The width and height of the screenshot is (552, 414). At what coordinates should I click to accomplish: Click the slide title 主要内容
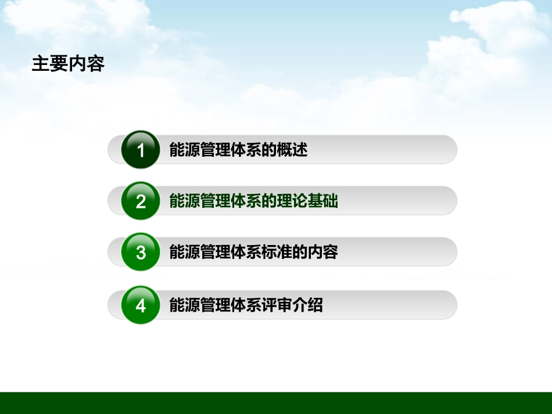coord(68,64)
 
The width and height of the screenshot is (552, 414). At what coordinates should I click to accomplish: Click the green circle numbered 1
coord(141,150)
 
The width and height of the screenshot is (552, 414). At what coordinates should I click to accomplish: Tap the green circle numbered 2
coord(141,201)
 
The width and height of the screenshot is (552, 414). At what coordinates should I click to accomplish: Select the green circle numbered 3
coord(141,253)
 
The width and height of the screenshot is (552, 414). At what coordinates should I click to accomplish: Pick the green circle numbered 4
coord(141,305)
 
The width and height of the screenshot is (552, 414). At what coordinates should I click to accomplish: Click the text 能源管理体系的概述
coord(238,150)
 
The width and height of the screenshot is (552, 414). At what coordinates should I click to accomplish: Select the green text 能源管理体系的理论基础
coord(253,201)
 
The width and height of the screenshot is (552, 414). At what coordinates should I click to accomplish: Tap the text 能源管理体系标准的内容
coord(253,253)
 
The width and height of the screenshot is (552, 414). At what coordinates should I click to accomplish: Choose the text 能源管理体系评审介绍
coord(246,305)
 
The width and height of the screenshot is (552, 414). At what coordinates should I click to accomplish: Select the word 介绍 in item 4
coord(307,305)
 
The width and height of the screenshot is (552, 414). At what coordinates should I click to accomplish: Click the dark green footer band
coord(276,403)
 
